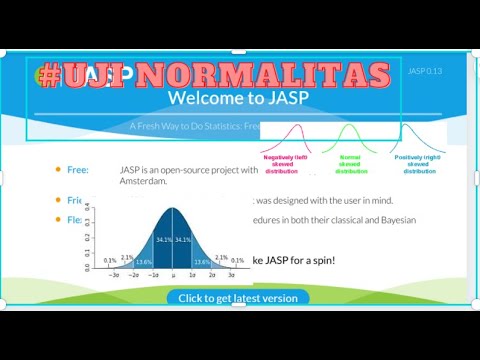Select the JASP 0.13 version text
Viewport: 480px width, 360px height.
coord(424,71)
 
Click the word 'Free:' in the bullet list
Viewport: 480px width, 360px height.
coord(78,170)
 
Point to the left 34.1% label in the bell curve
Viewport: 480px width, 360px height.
coord(163,240)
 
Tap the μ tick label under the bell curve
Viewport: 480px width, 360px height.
coord(173,273)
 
